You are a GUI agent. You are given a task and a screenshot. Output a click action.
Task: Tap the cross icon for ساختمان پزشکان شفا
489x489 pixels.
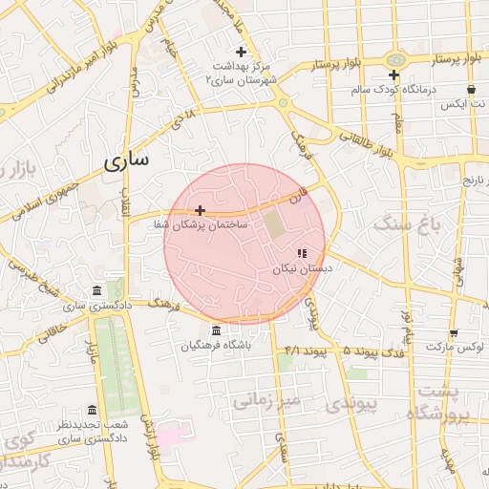click(x=200, y=210)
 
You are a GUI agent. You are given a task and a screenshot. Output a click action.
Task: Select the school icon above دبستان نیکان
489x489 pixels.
click(x=302, y=254)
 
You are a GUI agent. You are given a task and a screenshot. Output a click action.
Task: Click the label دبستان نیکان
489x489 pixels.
click(x=303, y=270)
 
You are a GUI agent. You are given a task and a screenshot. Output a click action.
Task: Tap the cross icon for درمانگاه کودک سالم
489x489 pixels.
click(x=393, y=74)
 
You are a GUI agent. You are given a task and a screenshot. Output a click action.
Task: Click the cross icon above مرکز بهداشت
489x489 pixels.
click(x=241, y=52)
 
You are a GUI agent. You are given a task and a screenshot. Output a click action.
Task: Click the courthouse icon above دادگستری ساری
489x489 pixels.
click(x=96, y=291)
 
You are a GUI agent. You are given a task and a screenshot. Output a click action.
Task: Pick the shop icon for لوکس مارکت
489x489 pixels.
click(x=453, y=333)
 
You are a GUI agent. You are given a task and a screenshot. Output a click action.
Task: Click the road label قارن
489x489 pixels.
click(x=300, y=196)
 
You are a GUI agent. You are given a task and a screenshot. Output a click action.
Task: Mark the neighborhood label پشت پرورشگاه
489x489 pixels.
click(x=439, y=402)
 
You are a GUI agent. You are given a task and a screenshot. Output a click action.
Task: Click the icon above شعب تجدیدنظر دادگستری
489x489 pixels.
click(x=92, y=409)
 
